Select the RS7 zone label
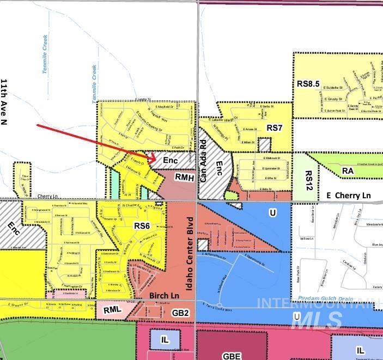274,127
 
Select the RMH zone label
184,178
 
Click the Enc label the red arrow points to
171,162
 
